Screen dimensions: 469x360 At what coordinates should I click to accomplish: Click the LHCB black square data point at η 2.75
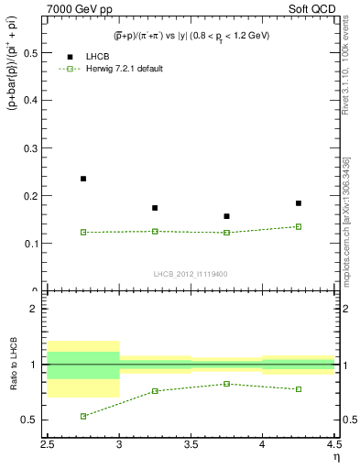(83, 179)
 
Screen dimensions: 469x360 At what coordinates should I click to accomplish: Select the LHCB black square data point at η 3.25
(155, 208)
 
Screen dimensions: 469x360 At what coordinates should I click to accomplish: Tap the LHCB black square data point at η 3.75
(226, 216)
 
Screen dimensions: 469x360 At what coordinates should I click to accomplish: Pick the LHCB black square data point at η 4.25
(299, 203)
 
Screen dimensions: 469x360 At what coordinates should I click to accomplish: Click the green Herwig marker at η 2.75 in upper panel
(83, 232)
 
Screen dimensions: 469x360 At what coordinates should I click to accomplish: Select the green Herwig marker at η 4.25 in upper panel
(299, 226)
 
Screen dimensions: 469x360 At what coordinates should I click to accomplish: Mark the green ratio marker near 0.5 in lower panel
(83, 416)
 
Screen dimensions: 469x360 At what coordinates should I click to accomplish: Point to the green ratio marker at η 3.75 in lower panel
(226, 384)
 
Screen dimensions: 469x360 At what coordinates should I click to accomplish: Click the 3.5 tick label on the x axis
(191, 445)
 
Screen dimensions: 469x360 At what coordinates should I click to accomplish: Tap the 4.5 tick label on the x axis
(333, 445)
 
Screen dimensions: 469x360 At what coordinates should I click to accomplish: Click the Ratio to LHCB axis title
(14, 365)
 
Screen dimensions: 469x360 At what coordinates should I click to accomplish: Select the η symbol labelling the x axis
(335, 457)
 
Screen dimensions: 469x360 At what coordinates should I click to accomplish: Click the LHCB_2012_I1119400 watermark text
(191, 273)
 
